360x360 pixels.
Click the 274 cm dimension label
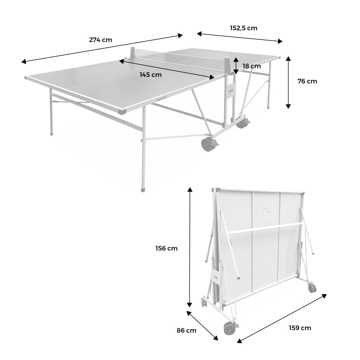[101, 40]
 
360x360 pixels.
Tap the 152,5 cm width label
[244, 28]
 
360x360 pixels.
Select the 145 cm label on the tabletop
[150, 75]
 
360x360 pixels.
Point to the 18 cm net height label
[252, 66]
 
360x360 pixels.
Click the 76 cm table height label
[307, 81]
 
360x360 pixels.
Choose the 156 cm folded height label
[166, 249]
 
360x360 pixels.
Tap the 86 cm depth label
[186, 330]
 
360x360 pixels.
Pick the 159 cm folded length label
[300, 328]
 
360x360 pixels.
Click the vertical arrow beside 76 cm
[288, 82]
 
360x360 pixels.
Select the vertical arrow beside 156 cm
[189, 247]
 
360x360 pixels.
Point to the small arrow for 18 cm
[236, 66]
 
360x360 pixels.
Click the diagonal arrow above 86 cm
[202, 326]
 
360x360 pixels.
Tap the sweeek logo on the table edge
[162, 99]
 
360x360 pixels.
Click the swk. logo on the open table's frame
[231, 90]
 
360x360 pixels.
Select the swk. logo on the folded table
[216, 277]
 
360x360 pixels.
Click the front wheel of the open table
[207, 144]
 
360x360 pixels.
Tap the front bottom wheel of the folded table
[229, 328]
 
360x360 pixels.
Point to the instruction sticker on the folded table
[268, 210]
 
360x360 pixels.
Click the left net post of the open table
[133, 53]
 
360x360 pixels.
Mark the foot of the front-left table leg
[143, 190]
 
